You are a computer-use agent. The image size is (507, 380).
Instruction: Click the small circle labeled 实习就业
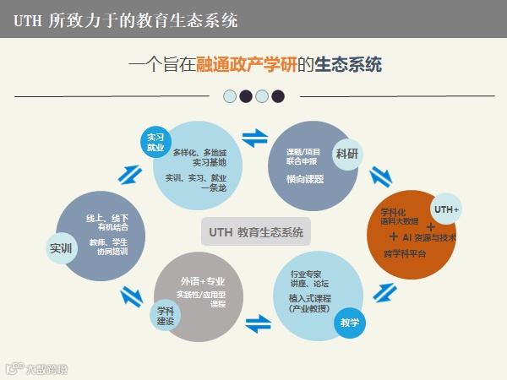point(155,141)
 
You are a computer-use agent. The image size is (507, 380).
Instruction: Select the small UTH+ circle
point(446,209)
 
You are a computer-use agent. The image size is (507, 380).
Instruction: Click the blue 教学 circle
point(349,322)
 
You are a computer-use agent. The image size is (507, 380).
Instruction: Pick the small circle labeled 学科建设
point(166,315)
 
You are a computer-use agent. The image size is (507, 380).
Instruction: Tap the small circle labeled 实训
point(60,247)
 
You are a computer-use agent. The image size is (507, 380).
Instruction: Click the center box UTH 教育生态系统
point(255,231)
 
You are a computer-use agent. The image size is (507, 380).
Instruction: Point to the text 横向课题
point(305,179)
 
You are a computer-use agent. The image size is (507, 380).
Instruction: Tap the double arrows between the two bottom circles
point(258,322)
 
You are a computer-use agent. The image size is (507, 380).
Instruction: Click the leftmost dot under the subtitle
point(229,96)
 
